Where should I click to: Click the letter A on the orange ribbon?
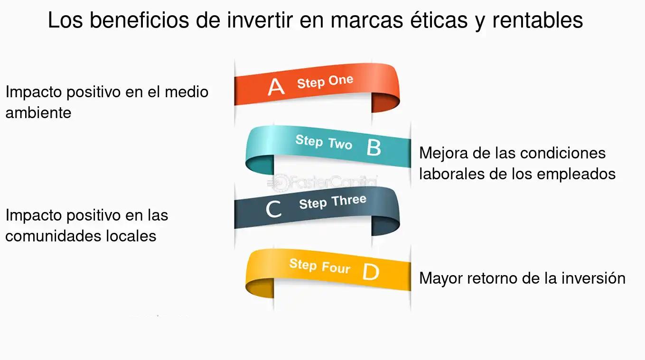[276, 87]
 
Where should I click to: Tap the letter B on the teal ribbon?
[374, 148]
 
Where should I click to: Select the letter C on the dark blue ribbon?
[273, 209]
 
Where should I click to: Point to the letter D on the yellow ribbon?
[371, 272]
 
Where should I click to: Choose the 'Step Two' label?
[324, 142]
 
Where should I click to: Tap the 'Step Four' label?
[319, 266]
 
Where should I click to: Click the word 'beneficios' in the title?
[140, 20]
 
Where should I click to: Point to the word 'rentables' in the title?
[538, 20]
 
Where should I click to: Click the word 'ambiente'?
[38, 112]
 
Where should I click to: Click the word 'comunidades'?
[53, 236]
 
